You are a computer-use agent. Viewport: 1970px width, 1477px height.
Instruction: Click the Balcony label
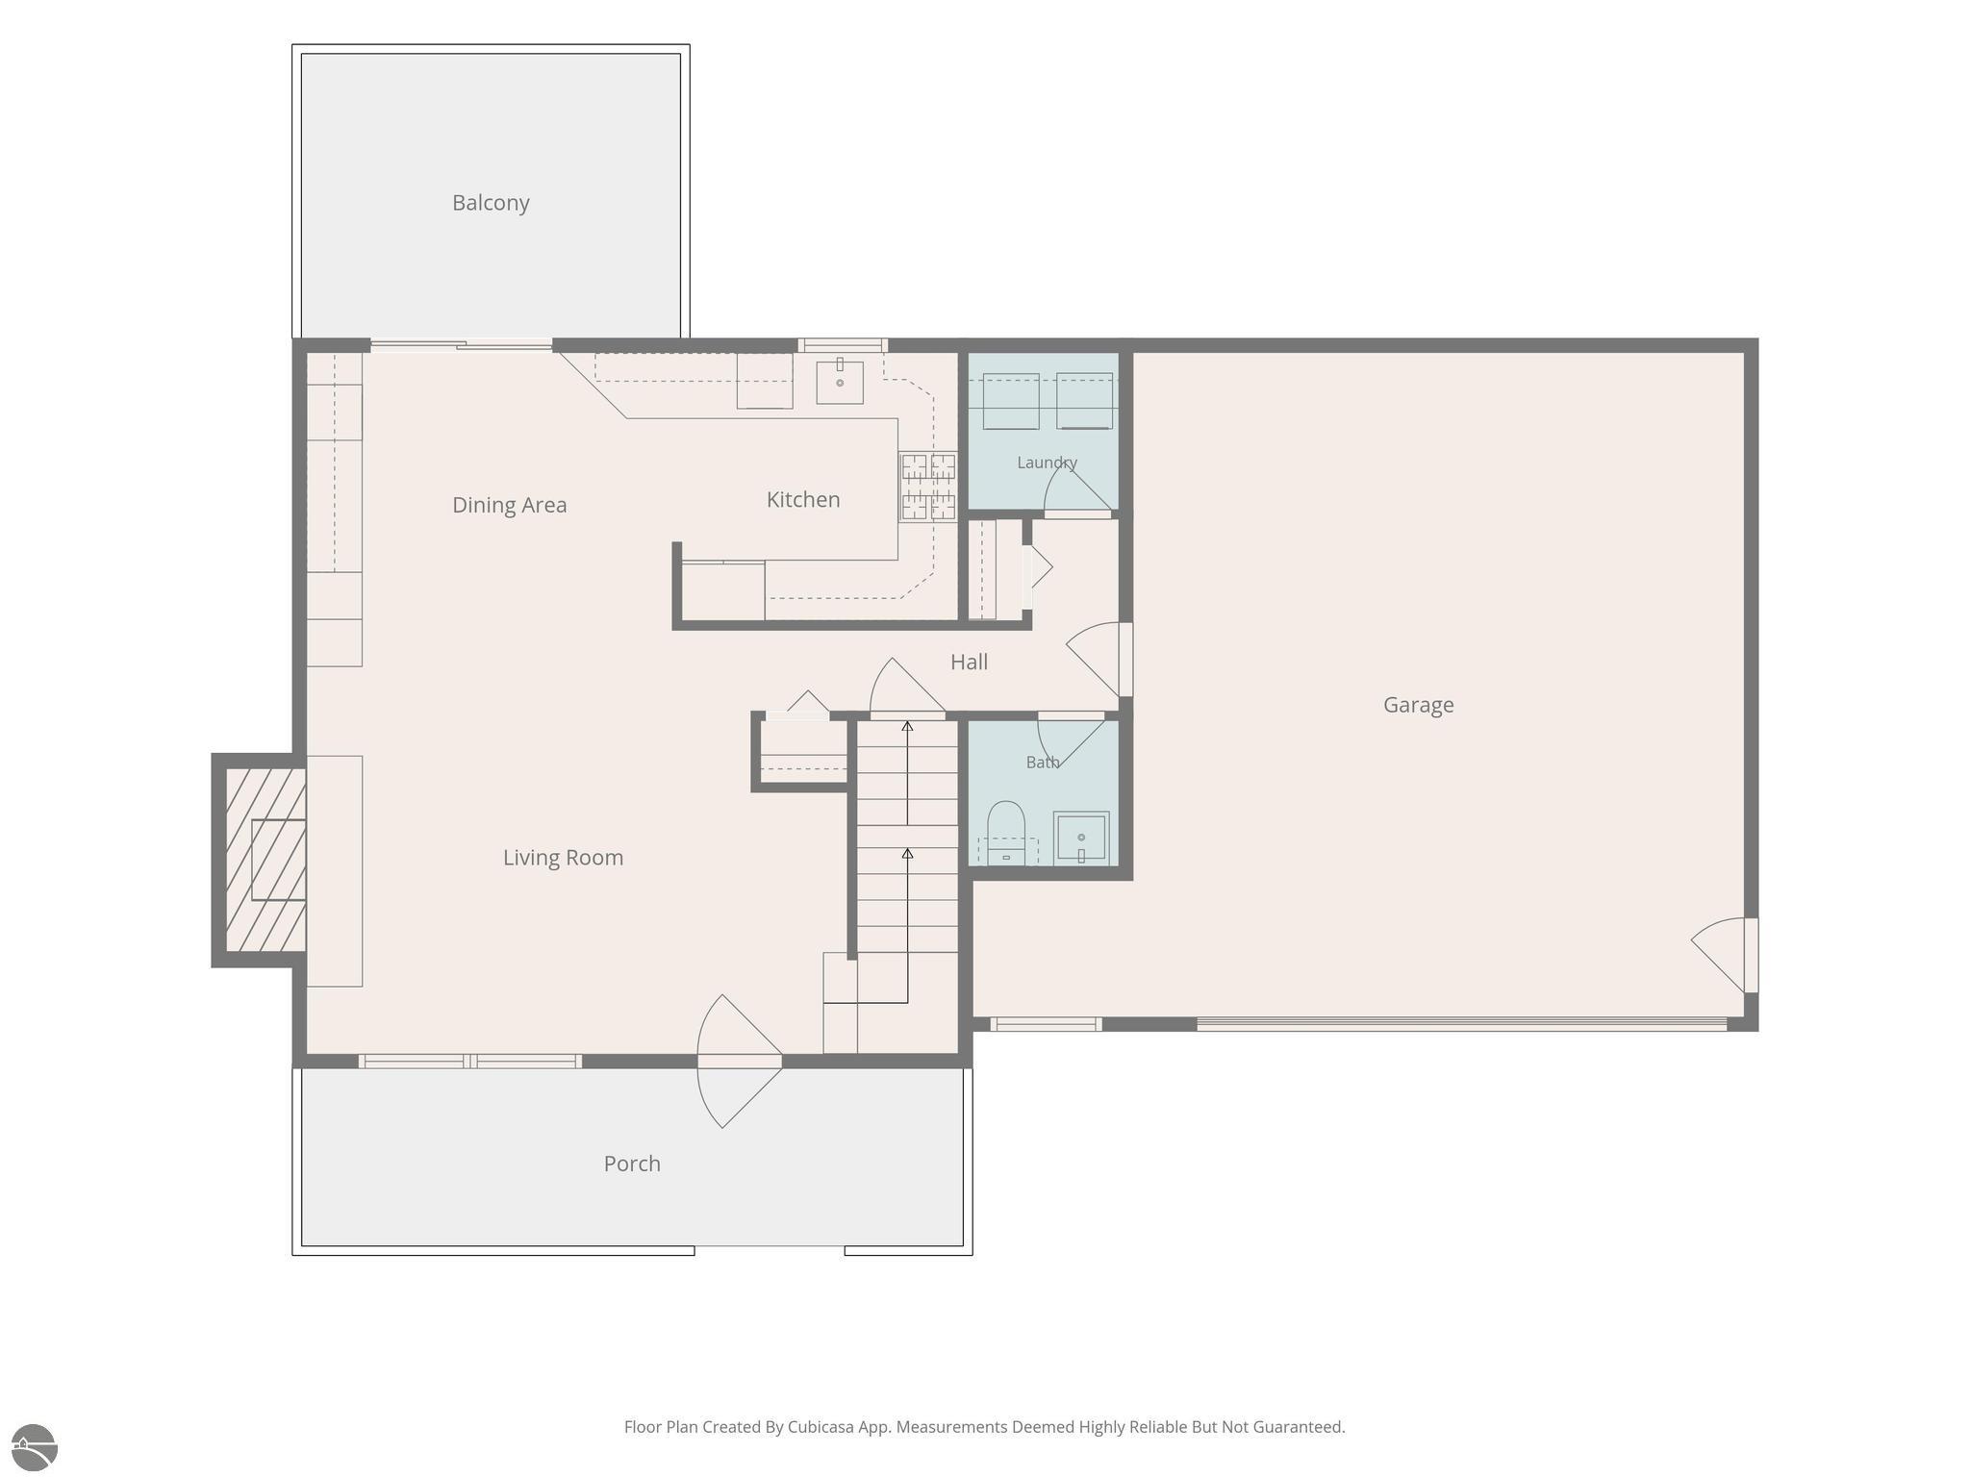tap(491, 203)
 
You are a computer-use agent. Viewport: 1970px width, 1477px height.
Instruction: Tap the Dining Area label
tap(509, 505)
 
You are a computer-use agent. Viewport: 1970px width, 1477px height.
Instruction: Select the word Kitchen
tap(803, 499)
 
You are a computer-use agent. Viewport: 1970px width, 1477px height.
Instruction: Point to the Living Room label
tap(563, 858)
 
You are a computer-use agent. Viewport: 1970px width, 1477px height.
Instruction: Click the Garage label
tap(1418, 705)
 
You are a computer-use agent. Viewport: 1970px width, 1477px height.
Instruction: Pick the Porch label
tap(632, 1164)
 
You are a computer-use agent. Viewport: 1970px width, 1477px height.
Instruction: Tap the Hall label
tap(969, 662)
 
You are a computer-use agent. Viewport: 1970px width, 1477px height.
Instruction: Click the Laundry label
tap(1047, 463)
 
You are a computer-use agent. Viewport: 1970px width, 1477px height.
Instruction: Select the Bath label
tap(1043, 763)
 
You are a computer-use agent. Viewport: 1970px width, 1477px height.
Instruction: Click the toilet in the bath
tap(1006, 833)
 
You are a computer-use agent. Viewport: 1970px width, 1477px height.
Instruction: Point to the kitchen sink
tap(840, 381)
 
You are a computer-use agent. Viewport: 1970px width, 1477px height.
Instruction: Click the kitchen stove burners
tap(928, 487)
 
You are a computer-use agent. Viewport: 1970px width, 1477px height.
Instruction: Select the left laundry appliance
tap(1010, 401)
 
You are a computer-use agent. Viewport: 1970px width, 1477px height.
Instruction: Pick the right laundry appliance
tap(1084, 401)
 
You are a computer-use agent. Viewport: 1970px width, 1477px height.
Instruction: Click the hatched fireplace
tap(265, 860)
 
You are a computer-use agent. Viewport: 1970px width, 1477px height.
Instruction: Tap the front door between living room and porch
tap(739, 1061)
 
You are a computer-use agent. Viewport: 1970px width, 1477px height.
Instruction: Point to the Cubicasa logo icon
tap(35, 1447)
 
